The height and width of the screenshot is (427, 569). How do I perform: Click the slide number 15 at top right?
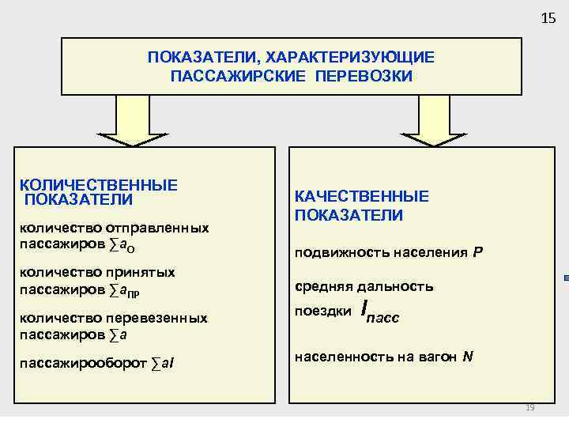click(x=548, y=18)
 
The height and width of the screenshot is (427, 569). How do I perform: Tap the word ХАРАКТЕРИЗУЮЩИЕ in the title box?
click(x=350, y=58)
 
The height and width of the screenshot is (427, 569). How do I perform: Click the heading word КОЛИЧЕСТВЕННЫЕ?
click(x=99, y=184)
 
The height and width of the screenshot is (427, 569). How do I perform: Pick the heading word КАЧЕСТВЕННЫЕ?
click(x=362, y=196)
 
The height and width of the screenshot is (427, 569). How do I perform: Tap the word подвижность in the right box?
click(x=333, y=253)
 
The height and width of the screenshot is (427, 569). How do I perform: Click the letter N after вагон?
click(x=468, y=357)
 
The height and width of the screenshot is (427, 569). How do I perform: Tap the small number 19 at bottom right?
click(x=530, y=407)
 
